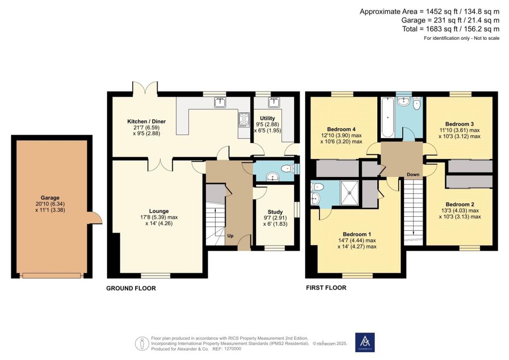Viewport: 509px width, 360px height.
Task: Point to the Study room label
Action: point(275,212)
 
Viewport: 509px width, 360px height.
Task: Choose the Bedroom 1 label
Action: point(357,234)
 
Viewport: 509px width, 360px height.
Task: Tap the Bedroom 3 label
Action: point(459,124)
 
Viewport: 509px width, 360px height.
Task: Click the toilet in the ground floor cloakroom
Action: point(287,169)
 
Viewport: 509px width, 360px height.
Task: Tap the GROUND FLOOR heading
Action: point(131,288)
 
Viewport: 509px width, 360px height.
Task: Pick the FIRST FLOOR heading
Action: point(326,288)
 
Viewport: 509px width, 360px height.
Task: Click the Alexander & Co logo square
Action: point(365,342)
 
